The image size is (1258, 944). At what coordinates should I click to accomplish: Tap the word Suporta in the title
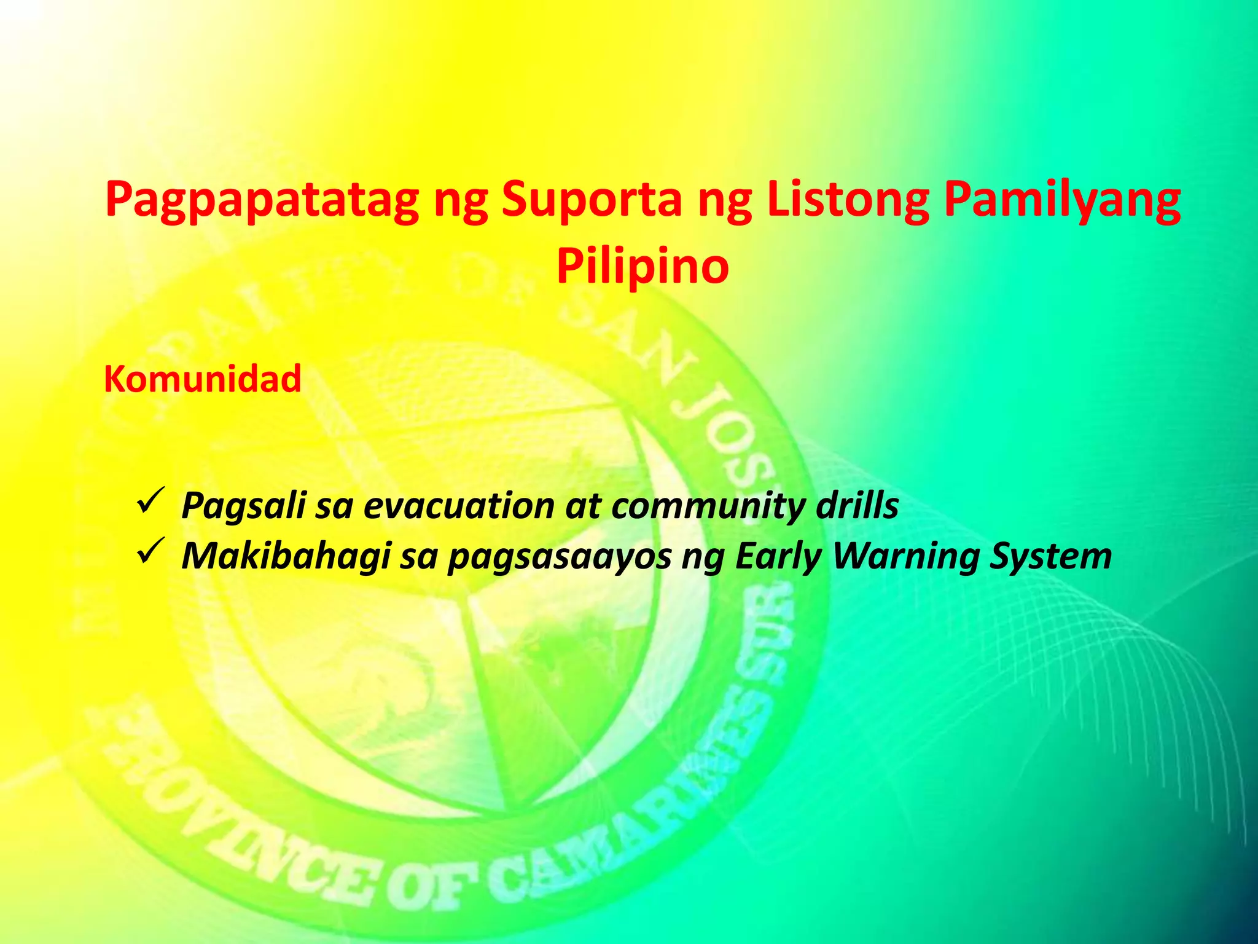pyautogui.click(x=592, y=200)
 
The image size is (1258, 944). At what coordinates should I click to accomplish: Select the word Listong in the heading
pyautogui.click(x=848, y=200)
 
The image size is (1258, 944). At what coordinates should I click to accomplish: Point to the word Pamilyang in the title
pyautogui.click(x=1062, y=200)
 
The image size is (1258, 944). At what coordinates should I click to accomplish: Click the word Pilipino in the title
pyautogui.click(x=643, y=267)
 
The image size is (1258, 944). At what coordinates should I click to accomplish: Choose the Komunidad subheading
pyautogui.click(x=203, y=379)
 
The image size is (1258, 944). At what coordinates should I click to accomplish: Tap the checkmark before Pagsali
pyautogui.click(x=149, y=500)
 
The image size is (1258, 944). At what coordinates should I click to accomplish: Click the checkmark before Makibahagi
pyautogui.click(x=149, y=551)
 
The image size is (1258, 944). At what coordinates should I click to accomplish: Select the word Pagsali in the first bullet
pyautogui.click(x=243, y=506)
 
